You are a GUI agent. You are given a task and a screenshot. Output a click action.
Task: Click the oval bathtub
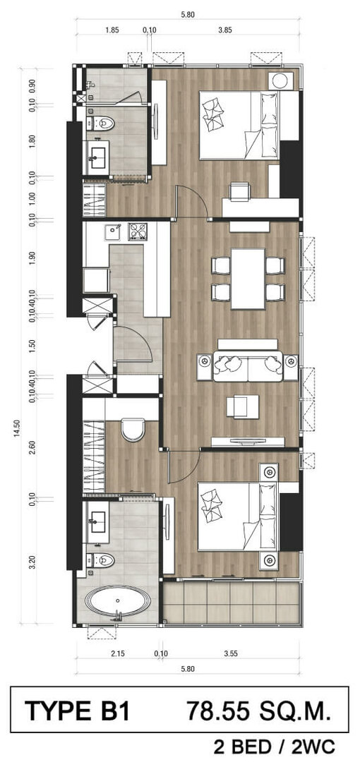click(117, 600)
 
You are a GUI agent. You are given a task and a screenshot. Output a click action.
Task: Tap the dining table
click(248, 279)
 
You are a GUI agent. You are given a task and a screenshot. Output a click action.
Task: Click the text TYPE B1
click(78, 712)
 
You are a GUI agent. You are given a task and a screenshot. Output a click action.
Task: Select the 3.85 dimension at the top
click(224, 30)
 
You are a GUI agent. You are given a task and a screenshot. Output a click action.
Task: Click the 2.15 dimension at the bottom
click(118, 653)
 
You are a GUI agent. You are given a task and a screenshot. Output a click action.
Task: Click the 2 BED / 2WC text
click(275, 746)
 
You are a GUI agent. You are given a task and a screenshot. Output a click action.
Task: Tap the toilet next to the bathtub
click(101, 560)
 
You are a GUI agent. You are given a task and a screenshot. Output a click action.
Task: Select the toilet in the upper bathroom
click(101, 123)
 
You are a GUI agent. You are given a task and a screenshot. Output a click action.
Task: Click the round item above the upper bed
click(281, 80)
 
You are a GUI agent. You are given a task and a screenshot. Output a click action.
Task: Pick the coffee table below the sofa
click(244, 406)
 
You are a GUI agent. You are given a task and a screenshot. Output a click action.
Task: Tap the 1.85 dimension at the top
click(112, 30)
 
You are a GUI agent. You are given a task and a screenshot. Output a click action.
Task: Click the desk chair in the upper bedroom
click(240, 191)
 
